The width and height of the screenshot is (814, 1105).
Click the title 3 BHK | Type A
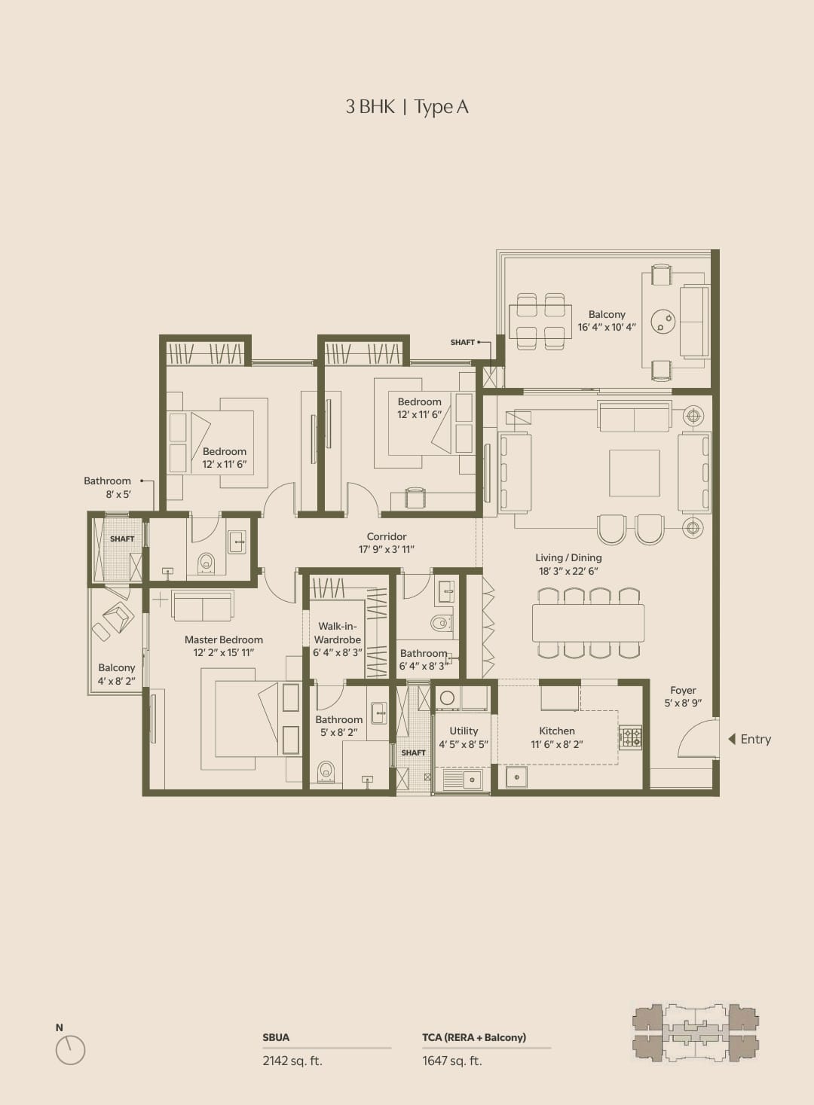[407, 106]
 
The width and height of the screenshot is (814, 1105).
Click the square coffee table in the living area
[635, 473]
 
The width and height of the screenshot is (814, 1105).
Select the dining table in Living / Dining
[588, 623]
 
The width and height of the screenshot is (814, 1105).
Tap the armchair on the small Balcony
[118, 617]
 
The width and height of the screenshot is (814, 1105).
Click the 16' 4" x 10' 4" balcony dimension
[607, 327]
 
